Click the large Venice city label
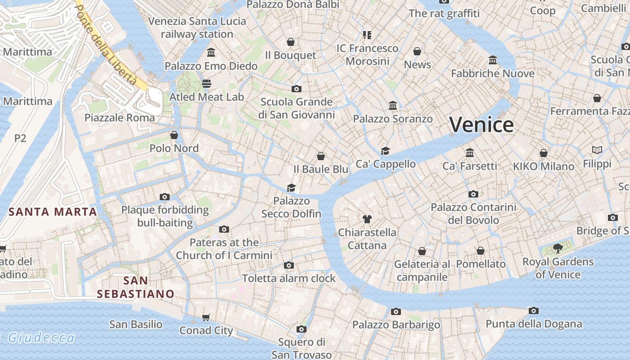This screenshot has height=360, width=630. coord(481,125)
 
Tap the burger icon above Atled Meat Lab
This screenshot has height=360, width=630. coord(207,83)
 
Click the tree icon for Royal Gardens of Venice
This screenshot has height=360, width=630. coord(558,248)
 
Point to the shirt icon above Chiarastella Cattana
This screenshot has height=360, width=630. coord(367,219)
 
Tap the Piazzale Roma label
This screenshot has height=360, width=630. coord(120,118)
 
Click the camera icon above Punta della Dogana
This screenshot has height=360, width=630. coord(534,310)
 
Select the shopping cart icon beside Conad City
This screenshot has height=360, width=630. coord(206,318)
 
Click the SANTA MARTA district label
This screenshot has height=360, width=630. coord(53,212)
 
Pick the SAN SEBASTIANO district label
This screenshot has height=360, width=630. coord(135,287)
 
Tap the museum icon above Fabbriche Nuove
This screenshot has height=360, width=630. coord(493,60)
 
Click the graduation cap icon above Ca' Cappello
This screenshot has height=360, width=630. coord(385,151)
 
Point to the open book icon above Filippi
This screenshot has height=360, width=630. coord(597,150)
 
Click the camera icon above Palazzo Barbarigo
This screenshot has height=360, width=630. coord(396,311)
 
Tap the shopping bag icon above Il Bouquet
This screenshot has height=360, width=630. coord(291,42)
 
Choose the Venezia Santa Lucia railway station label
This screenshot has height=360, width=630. coord(197,27)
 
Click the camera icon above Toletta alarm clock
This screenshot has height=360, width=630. coord(289,265)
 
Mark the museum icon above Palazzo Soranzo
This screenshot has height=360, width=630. coord(393,105)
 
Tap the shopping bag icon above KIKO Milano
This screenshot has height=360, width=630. coord(544,153)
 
